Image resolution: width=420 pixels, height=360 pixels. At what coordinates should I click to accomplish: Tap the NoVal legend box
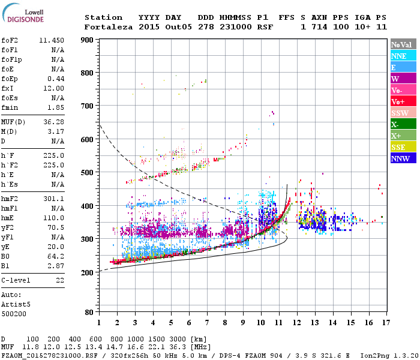[403, 44]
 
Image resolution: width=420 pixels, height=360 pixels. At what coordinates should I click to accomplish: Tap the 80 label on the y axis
[89, 312]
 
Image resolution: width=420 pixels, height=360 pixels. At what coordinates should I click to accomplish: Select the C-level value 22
[59, 280]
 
